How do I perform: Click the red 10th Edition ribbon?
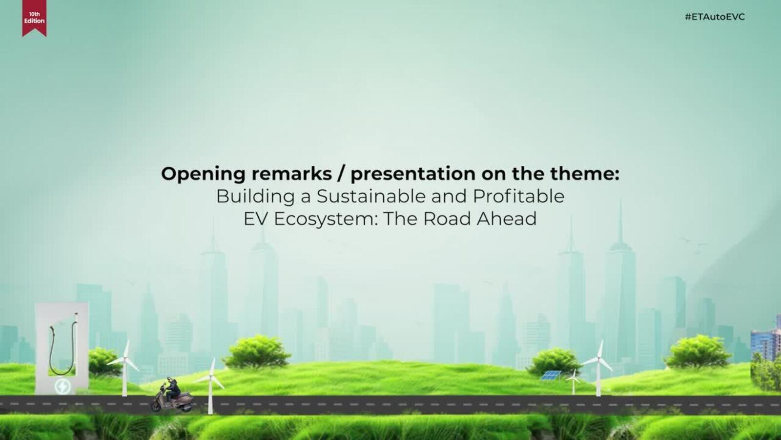tap(34, 18)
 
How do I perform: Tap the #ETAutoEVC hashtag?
tap(715, 17)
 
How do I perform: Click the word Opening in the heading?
tap(203, 174)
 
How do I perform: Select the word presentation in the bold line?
tap(413, 174)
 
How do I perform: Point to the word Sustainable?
tap(371, 196)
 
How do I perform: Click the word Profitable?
tap(518, 196)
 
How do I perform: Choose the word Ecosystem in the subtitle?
tap(326, 220)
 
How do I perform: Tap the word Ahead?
tap(507, 219)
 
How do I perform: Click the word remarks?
tap(291, 174)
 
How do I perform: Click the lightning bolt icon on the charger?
tap(63, 386)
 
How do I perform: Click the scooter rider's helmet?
tap(170, 380)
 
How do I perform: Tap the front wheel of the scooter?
tap(156, 406)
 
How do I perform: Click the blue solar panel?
tap(551, 375)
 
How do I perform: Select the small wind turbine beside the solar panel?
tap(574, 381)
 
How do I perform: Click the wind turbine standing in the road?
tap(210, 386)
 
